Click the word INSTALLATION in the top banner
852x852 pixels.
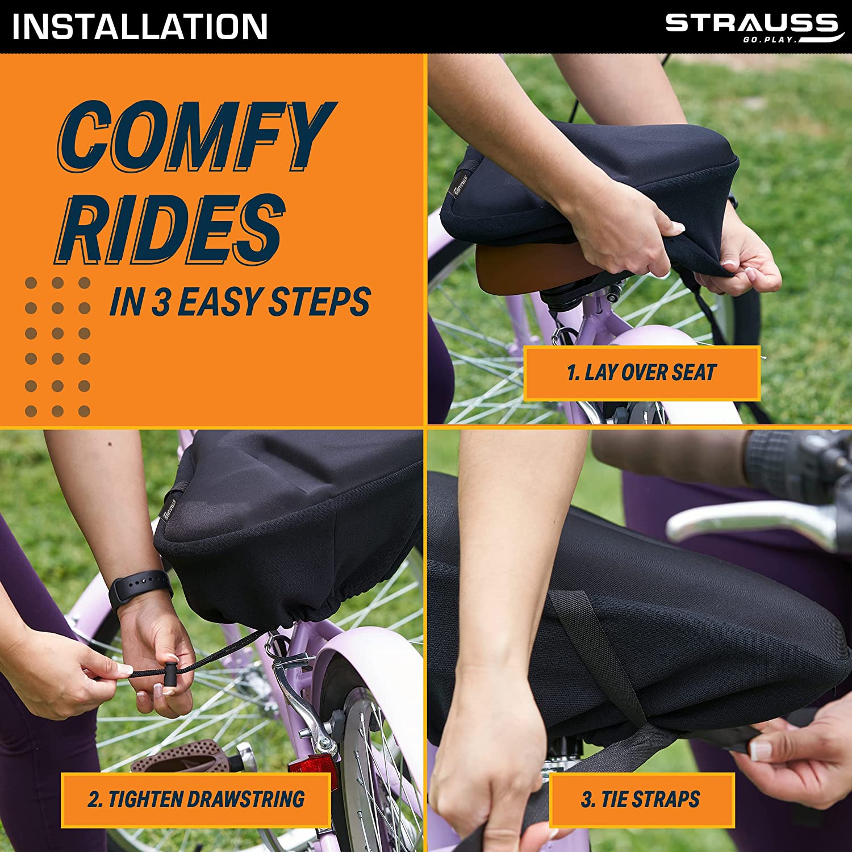pos(140,27)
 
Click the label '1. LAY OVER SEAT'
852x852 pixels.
pos(642,373)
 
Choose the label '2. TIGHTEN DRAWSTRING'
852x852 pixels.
pos(196,799)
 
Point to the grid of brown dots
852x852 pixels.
pos(57,346)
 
